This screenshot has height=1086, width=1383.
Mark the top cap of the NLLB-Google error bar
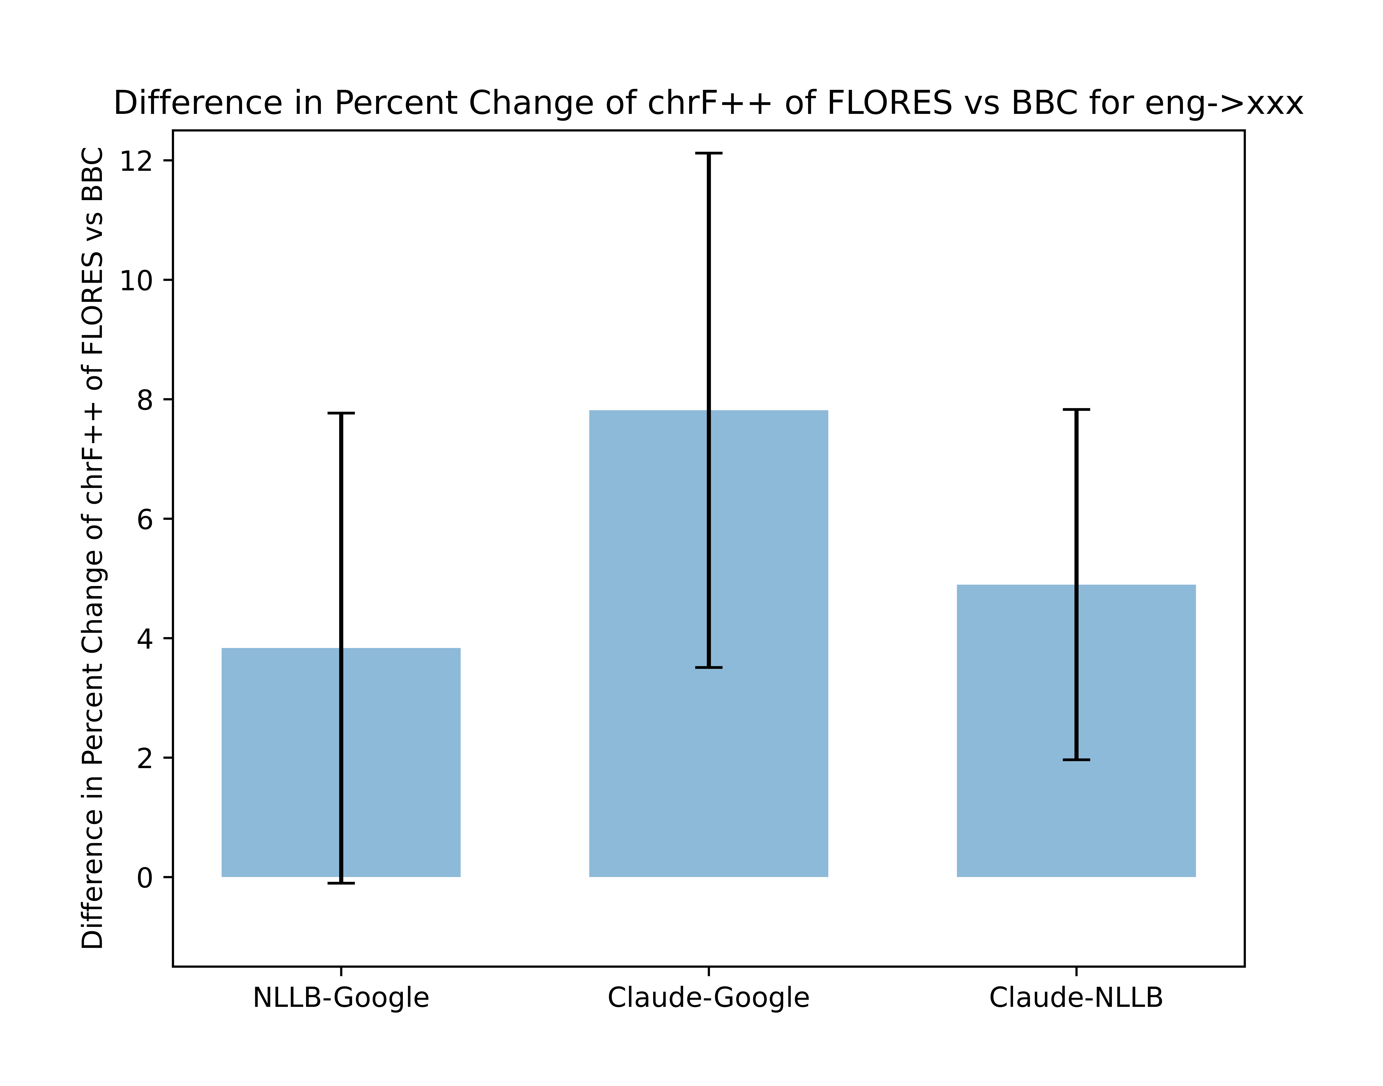(x=341, y=413)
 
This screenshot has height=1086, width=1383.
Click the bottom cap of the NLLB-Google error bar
(x=341, y=883)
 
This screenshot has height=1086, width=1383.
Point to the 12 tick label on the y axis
(x=137, y=161)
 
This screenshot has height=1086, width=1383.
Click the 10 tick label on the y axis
(x=137, y=280)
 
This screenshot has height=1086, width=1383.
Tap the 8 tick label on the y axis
(x=145, y=400)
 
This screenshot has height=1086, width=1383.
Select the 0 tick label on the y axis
(x=145, y=878)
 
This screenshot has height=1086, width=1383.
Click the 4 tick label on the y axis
(x=145, y=639)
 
